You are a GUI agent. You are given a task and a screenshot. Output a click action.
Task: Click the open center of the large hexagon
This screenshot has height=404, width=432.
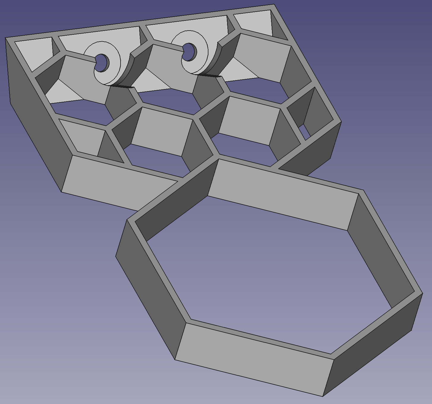coord(267,273)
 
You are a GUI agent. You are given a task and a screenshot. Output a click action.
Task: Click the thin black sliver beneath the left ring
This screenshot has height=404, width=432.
coord(122,87)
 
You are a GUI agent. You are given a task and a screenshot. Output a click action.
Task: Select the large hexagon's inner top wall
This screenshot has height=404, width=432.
coord(282,193)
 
